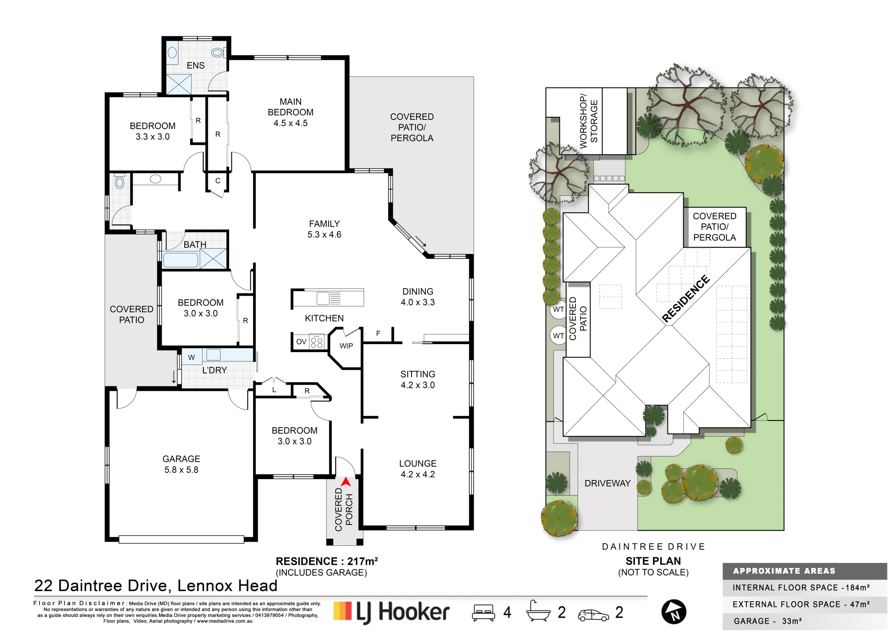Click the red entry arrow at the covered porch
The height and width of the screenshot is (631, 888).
tap(346, 482)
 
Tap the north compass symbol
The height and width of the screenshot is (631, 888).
tap(674, 612)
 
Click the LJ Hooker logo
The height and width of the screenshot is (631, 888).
tap(391, 612)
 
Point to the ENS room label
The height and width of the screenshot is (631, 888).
tap(195, 66)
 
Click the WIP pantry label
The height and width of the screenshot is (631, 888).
tap(346, 346)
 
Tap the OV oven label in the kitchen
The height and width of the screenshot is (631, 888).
tap(301, 341)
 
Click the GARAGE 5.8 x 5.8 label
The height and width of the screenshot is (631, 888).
tap(181, 464)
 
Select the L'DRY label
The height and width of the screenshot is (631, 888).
tap(214, 370)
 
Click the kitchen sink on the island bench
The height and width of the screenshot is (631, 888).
tap(329, 298)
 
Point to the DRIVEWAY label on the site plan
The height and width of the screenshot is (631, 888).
tap(607, 483)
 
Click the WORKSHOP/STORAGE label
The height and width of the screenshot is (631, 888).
tap(589, 121)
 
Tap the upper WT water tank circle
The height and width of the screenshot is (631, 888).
tap(559, 310)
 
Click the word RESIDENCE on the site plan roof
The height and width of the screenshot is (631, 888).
tap(686, 298)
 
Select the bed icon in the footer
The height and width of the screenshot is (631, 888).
tap(484, 612)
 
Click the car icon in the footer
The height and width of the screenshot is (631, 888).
tap(593, 615)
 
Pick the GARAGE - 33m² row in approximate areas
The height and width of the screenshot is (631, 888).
tap(768, 621)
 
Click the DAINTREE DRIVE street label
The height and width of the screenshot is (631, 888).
tap(654, 547)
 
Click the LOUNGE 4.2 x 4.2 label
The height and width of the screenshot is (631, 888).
tap(418, 469)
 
